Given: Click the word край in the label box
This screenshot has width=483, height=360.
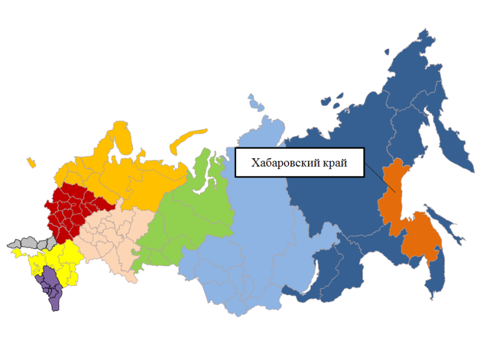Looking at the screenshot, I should [x=335, y=162].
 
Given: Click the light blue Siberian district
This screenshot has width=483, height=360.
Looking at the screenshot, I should [x=254, y=230].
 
